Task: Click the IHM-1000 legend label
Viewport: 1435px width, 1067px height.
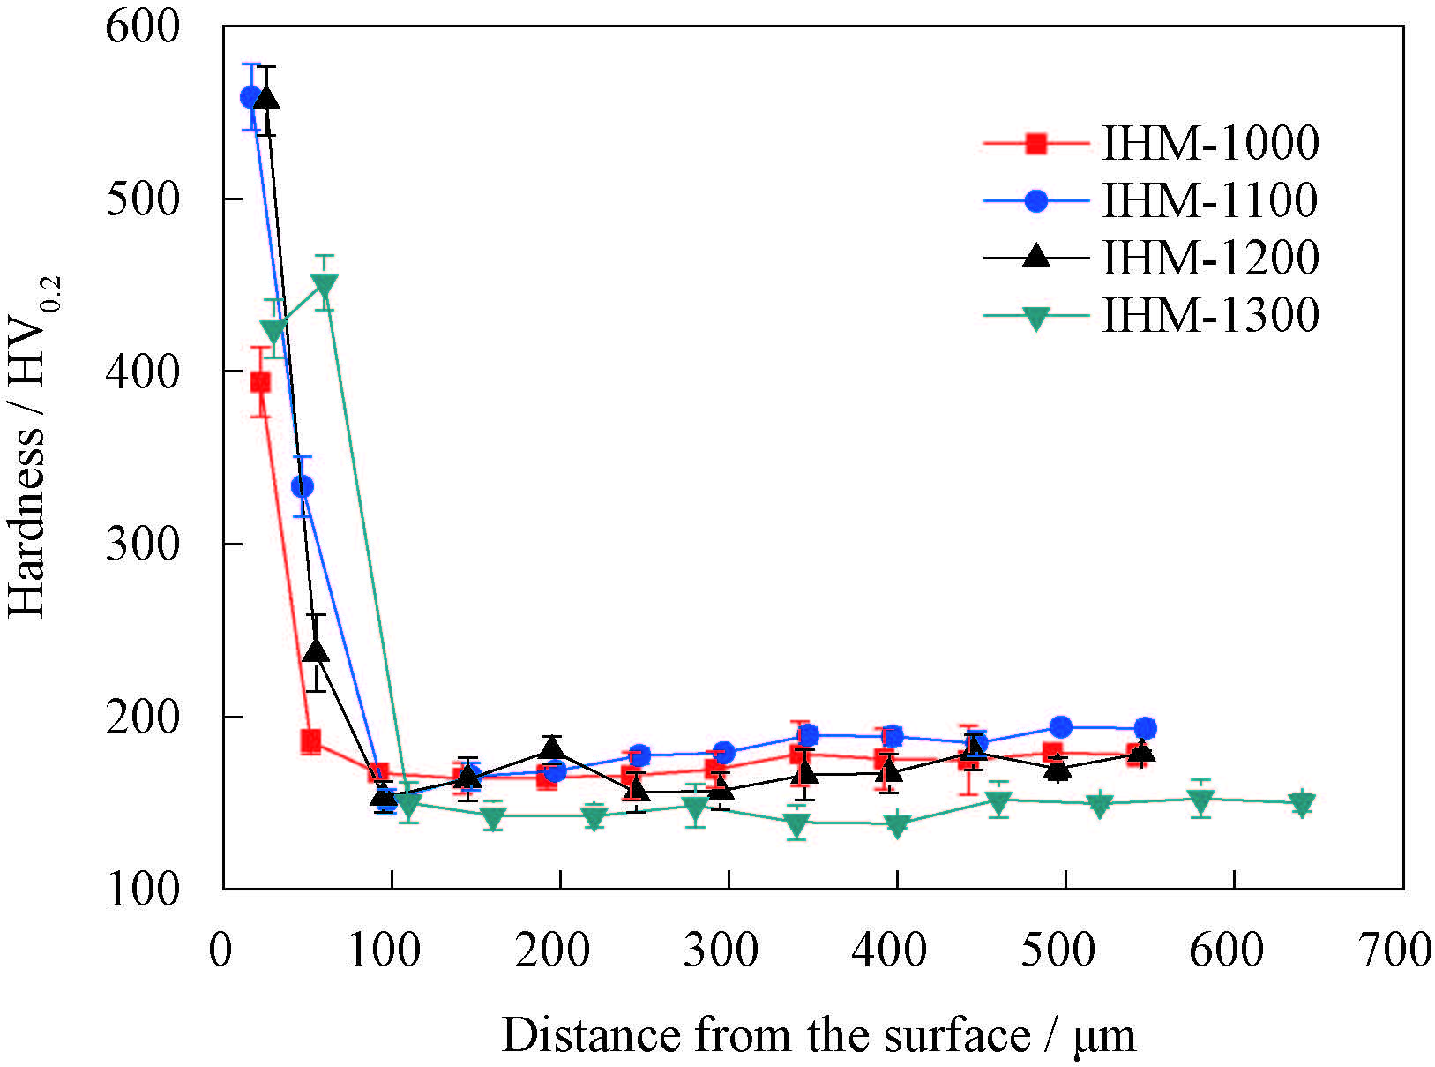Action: pos(1210,144)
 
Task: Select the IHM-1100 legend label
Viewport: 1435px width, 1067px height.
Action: pos(1210,201)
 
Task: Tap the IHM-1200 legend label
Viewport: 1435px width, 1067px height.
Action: pos(1210,258)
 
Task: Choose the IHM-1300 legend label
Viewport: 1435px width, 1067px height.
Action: pos(1210,315)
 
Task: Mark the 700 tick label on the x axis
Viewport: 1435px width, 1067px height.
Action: pos(1396,951)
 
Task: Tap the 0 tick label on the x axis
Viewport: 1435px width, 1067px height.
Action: pos(220,951)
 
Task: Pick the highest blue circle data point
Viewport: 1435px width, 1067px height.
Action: pos(250,97)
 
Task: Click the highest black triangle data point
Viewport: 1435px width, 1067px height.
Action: pos(266,98)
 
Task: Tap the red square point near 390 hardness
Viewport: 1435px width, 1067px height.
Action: pos(260,382)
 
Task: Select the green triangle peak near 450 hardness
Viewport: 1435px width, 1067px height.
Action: pos(325,285)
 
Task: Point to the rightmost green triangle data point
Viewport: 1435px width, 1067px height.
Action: pos(1302,803)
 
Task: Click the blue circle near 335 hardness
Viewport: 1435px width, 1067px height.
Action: pos(303,486)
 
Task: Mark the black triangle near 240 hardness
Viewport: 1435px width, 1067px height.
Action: pos(316,651)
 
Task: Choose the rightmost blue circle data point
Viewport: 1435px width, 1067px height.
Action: pos(1145,728)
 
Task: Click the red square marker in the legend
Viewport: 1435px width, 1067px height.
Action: pos(1036,144)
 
